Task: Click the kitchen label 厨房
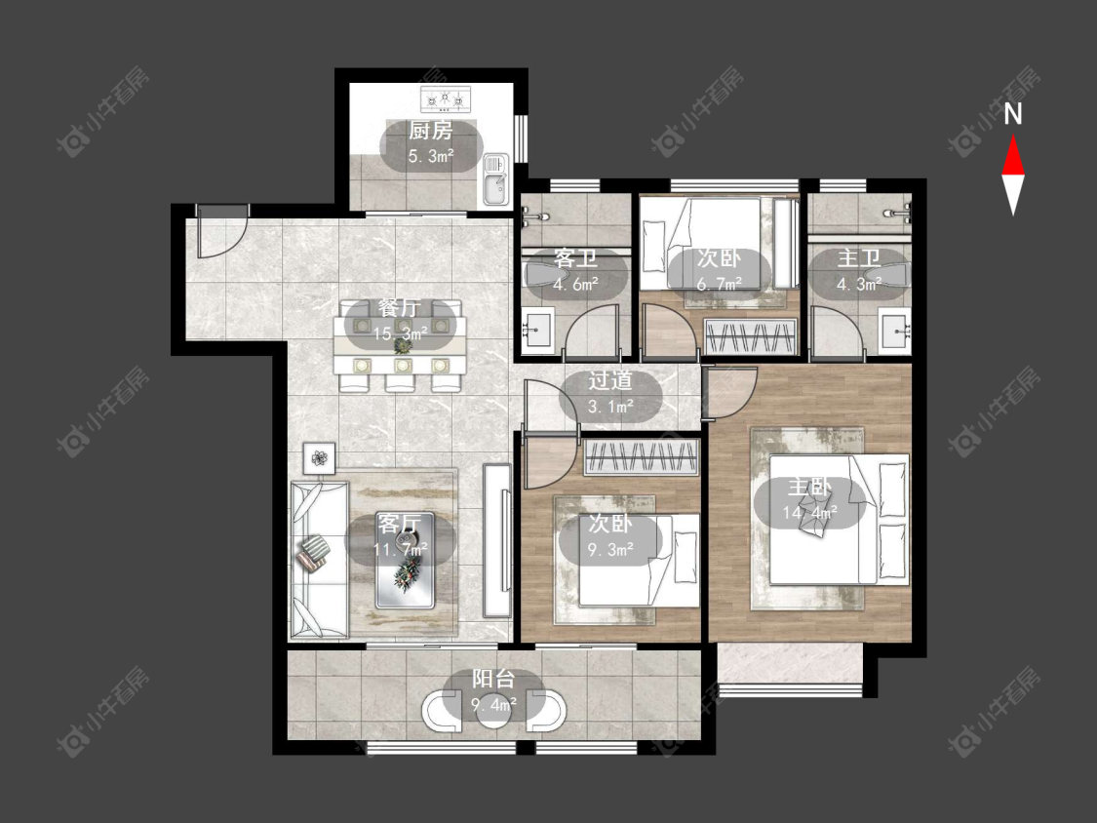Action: click(430, 130)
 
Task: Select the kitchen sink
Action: click(495, 179)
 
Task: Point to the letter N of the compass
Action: click(1013, 114)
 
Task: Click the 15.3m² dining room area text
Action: click(400, 333)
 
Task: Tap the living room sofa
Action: click(320, 558)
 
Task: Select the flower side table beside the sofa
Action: click(320, 458)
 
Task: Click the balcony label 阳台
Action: click(493, 679)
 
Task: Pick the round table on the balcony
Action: click(494, 712)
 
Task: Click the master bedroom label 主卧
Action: click(809, 487)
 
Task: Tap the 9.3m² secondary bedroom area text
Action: click(610, 549)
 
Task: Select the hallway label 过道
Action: click(610, 380)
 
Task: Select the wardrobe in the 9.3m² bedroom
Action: click(642, 457)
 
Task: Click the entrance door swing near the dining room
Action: click(219, 232)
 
